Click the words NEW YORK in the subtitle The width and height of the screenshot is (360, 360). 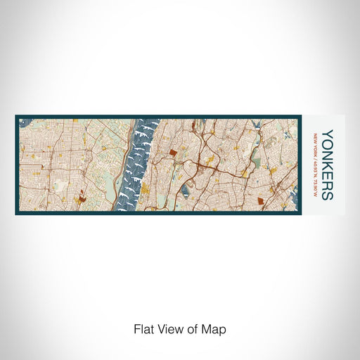click(x=316, y=142)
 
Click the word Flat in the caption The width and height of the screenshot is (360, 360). click(x=143, y=328)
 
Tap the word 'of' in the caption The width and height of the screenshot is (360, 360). click(x=193, y=328)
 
